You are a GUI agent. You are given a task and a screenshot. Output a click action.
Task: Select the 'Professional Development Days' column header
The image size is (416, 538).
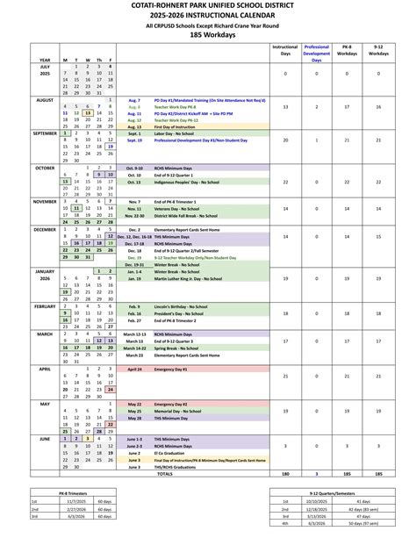[x=317, y=53]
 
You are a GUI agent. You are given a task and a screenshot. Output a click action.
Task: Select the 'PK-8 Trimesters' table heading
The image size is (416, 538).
[x=72, y=493]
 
